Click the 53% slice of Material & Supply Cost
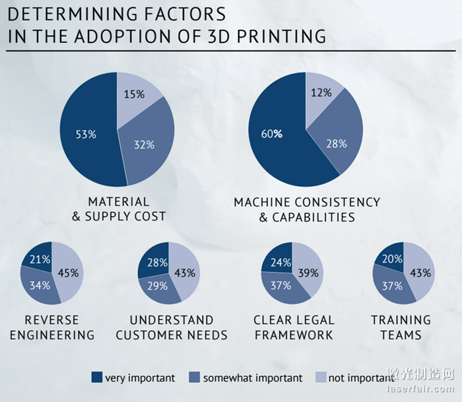point(86,134)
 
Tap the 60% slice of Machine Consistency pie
point(271,134)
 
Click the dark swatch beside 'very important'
point(97,378)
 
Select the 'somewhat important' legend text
point(253,378)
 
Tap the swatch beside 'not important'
point(321,378)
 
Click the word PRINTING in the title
point(286,36)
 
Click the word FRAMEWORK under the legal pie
point(294,335)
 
